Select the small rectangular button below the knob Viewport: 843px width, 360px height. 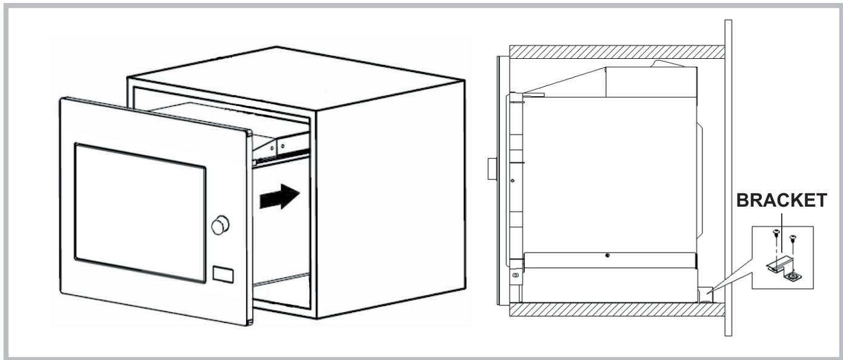point(223,274)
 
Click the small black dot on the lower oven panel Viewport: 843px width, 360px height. point(607,255)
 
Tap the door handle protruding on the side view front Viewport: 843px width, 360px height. point(491,170)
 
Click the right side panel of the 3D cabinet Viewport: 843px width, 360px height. point(388,194)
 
